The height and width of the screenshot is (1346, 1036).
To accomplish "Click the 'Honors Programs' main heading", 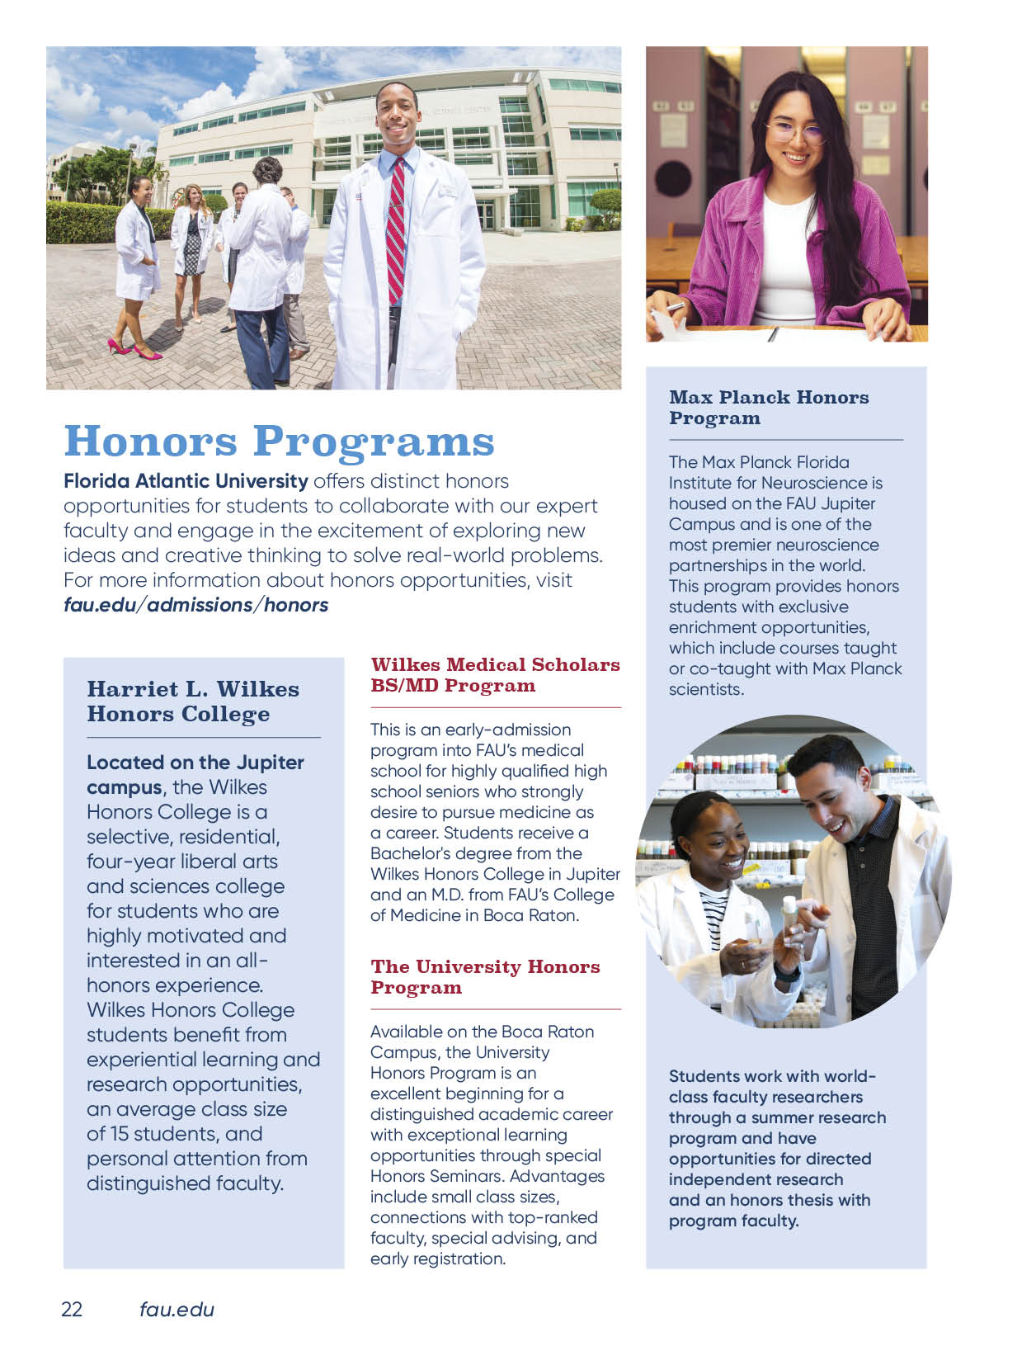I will coord(279,441).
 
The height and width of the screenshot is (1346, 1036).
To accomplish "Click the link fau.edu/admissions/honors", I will coord(195,605).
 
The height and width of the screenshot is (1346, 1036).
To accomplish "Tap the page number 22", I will coord(72,1309).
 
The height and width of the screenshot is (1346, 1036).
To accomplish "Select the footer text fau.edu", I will coord(177,1309).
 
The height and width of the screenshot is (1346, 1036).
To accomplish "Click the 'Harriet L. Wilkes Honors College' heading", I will coord(193,701).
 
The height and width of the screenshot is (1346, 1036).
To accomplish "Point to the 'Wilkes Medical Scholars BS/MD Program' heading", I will coord(495,675).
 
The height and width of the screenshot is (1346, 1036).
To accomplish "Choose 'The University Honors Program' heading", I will coord(485,977).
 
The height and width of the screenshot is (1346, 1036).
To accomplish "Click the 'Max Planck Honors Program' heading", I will coord(768,408).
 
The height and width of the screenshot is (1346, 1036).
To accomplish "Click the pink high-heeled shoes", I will coord(134,350).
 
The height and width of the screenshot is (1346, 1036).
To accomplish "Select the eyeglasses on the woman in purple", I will coord(793,132).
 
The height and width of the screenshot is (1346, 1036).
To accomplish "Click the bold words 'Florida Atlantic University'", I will coord(186,481).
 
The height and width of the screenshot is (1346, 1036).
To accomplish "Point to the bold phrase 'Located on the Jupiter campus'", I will coord(195,774).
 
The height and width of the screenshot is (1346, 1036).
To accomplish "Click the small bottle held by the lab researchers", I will coord(791,914).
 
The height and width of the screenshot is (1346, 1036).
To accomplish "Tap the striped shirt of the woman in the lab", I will coord(712,916).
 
